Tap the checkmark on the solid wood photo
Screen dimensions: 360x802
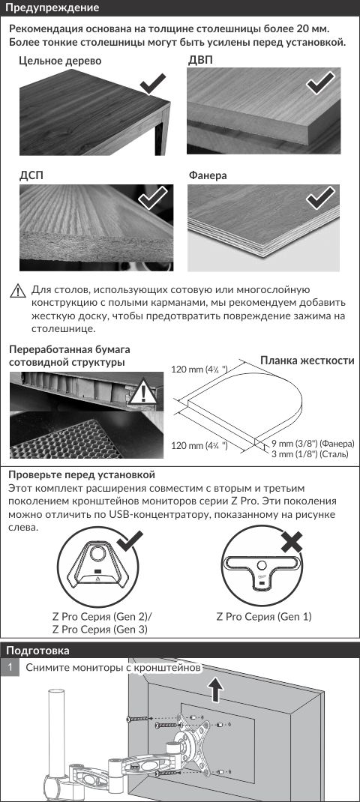pyautogui.click(x=153, y=83)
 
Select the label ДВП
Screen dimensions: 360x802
pyautogui.click(x=201, y=61)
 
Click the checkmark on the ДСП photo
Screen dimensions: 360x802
pyautogui.click(x=152, y=196)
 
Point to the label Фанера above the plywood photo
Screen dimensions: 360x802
pyautogui.click(x=208, y=175)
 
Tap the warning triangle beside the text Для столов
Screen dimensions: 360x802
pyautogui.click(x=18, y=292)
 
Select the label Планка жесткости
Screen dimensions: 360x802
pyautogui.click(x=307, y=361)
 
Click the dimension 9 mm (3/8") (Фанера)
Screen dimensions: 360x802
pyautogui.click(x=313, y=444)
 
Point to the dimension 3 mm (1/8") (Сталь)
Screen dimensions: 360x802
pyautogui.click(x=310, y=453)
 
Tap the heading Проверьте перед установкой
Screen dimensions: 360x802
pyautogui.click(x=82, y=476)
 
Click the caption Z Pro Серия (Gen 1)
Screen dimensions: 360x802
pyautogui.click(x=264, y=617)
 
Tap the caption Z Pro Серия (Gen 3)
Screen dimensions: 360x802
pyautogui.click(x=100, y=630)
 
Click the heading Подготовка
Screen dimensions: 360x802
pyautogui.click(x=37, y=651)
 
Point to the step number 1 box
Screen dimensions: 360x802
pyautogui.click(x=10, y=668)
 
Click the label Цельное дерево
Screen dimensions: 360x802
pyautogui.click(x=61, y=61)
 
